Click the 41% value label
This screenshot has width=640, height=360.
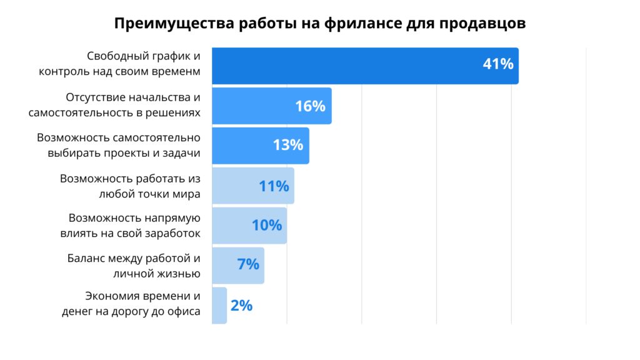click(x=497, y=64)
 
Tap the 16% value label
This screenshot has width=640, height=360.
click(x=310, y=106)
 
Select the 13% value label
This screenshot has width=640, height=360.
click(x=287, y=146)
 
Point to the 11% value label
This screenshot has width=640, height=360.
click(x=273, y=186)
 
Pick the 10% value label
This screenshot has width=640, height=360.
click(x=267, y=225)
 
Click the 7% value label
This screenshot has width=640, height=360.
click(x=247, y=265)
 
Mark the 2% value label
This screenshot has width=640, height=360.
click(x=241, y=306)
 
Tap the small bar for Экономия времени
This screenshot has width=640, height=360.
click(x=219, y=306)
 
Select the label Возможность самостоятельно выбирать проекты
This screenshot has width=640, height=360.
click(x=118, y=145)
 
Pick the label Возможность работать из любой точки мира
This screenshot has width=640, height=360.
click(x=130, y=186)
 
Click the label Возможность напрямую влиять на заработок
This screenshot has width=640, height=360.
click(x=134, y=226)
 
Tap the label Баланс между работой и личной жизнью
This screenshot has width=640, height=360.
click(x=133, y=266)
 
